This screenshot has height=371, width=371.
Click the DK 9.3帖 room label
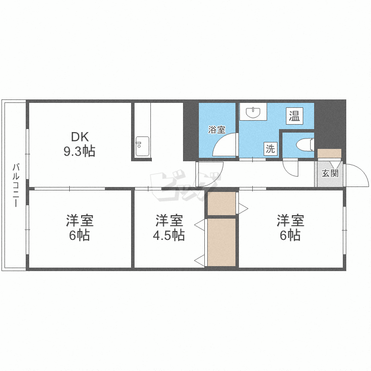(80, 144)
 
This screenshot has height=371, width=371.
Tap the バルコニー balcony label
(16, 185)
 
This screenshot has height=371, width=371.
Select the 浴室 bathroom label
(217, 130)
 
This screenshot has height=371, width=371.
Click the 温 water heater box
(294, 116)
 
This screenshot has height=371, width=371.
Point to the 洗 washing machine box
(271, 149)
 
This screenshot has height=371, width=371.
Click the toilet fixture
(305, 144)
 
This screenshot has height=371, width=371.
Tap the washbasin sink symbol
(253, 112)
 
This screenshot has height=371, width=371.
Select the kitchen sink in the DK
(142, 146)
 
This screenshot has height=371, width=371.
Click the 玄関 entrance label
(330, 173)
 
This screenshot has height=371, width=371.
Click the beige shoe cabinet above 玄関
(329, 153)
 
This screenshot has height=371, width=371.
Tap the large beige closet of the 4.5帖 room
(222, 242)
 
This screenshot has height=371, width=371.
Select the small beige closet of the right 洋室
(222, 203)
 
